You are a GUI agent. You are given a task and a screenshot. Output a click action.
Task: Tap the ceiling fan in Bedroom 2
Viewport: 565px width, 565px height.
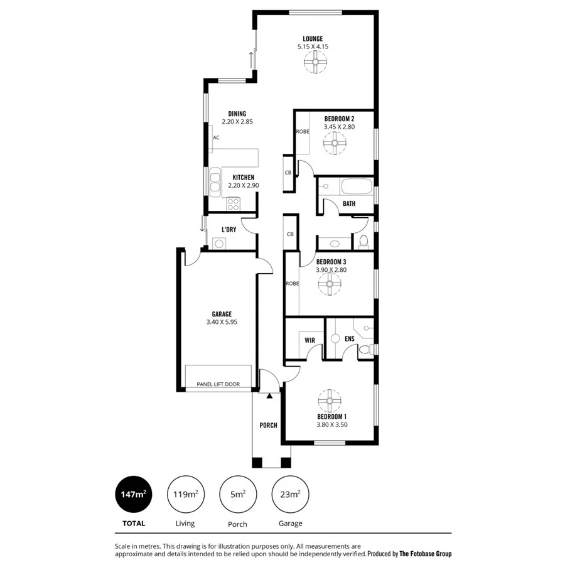pyautogui.click(x=335, y=144)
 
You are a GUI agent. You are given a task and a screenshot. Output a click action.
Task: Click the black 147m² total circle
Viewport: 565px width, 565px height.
pyautogui.click(x=133, y=495)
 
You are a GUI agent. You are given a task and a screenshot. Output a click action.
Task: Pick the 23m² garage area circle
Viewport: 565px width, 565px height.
pyautogui.click(x=290, y=495)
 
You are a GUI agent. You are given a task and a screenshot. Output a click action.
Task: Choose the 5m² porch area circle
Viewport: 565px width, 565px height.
pyautogui.click(x=237, y=495)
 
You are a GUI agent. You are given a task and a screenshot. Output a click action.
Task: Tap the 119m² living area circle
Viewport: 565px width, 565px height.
pyautogui.click(x=185, y=495)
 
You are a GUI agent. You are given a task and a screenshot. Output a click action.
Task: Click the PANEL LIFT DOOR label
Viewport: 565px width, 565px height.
pyautogui.click(x=218, y=384)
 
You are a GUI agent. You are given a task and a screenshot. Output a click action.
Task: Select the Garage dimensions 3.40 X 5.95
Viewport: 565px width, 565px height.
pyautogui.click(x=222, y=322)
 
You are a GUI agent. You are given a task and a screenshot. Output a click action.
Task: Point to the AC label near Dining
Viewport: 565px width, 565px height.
pyautogui.click(x=216, y=137)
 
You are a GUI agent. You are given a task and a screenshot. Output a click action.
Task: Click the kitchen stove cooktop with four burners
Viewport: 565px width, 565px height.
pyautogui.click(x=234, y=203)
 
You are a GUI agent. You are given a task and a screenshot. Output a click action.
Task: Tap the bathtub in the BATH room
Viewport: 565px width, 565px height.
pyautogui.click(x=355, y=186)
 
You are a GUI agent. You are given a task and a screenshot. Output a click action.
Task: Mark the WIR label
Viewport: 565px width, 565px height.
pyautogui.click(x=309, y=340)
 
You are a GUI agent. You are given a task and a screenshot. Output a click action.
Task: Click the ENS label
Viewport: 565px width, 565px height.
pyautogui.click(x=350, y=339)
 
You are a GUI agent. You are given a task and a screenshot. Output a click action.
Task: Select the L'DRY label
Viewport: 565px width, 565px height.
pyautogui.click(x=229, y=230)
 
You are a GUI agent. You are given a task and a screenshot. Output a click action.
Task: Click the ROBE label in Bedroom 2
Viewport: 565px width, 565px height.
pyautogui.click(x=302, y=132)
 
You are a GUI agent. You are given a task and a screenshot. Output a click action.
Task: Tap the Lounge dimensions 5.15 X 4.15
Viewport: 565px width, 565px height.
pyautogui.click(x=313, y=46)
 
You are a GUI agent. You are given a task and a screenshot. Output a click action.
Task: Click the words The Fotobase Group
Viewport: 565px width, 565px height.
pyautogui.click(x=426, y=554)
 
